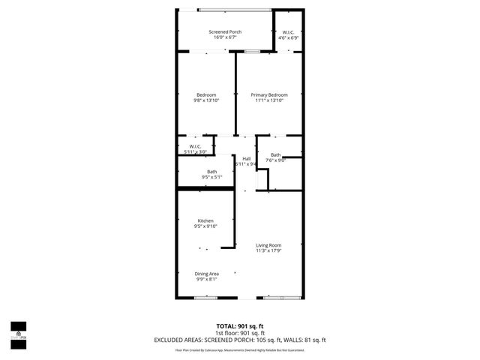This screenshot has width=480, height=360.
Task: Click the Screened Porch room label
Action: point(225,32)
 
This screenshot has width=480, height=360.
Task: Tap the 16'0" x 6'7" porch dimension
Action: point(225,38)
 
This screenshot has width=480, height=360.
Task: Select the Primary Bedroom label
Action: point(269,94)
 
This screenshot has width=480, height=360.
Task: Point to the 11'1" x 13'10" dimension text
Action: point(269,100)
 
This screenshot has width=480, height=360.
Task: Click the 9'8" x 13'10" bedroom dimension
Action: point(206,100)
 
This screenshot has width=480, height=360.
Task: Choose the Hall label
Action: point(246,158)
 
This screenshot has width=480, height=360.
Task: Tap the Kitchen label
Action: point(205,220)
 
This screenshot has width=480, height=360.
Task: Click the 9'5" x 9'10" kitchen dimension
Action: point(205,226)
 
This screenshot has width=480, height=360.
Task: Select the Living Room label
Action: point(268,245)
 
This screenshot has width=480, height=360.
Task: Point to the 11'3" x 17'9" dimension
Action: point(268,251)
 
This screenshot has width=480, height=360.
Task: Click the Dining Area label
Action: point(206,274)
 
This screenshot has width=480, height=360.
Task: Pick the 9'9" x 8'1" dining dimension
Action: point(206,280)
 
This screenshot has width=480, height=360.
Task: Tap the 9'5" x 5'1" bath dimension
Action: point(212,178)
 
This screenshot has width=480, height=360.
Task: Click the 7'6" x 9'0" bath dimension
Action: point(276,160)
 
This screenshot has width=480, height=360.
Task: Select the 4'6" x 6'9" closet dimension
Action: point(289,37)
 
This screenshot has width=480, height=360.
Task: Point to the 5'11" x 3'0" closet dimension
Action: point(195,152)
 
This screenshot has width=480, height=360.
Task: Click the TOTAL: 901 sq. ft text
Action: point(240,325)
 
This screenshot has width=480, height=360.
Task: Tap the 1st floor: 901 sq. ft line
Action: point(240,332)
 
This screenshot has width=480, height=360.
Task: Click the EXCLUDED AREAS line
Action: point(240,340)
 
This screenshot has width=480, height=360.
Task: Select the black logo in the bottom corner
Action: point(18,331)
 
